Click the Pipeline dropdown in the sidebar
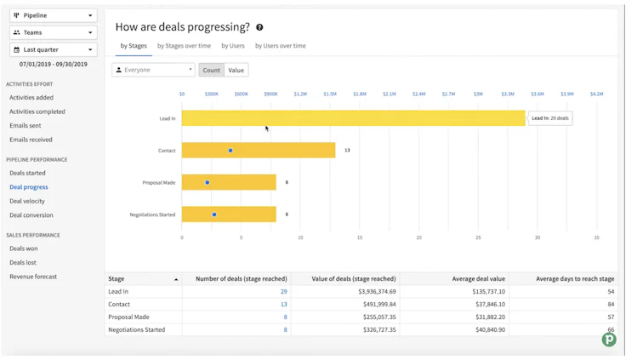(53, 15)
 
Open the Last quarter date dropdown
(53, 49)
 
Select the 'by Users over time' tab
(281, 46)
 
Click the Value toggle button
(236, 70)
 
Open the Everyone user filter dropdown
(153, 70)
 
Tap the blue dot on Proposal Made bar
(207, 182)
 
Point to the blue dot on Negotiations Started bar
(214, 214)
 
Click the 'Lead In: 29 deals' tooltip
(550, 118)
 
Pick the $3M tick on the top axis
(478, 94)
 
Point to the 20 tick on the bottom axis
(419, 237)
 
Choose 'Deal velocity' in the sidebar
(27, 201)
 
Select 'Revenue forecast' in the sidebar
(34, 277)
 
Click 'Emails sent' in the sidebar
(26, 125)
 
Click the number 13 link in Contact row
(283, 304)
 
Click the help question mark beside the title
(259, 28)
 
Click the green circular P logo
(609, 340)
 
